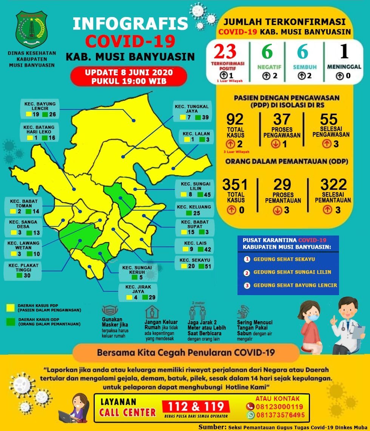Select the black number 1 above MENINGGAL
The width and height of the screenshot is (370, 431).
coord(344,52)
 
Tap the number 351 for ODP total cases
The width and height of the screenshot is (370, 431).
coord(235,185)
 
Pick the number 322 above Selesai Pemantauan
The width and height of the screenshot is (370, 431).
coord(333,185)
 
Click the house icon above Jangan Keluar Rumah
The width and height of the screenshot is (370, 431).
coord(152,312)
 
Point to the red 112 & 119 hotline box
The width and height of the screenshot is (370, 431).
coord(196,406)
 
